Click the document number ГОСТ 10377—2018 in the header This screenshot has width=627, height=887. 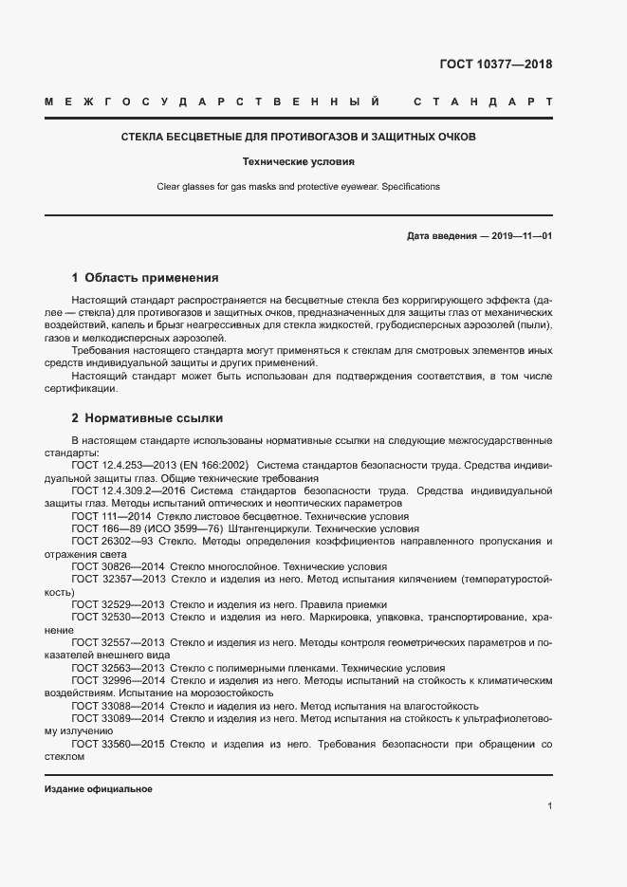(495, 65)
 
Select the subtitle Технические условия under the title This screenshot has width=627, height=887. (298, 162)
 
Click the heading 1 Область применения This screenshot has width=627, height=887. (145, 278)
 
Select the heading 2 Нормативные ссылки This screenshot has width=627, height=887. (147, 417)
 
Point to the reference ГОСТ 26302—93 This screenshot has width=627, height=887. (113, 541)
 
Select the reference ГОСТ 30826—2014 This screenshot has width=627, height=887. (118, 565)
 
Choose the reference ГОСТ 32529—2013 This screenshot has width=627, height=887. (118, 603)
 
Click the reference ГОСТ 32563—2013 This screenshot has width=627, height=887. (118, 667)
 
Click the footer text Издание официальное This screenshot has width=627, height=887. (98, 789)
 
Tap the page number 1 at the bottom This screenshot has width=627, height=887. (549, 805)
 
